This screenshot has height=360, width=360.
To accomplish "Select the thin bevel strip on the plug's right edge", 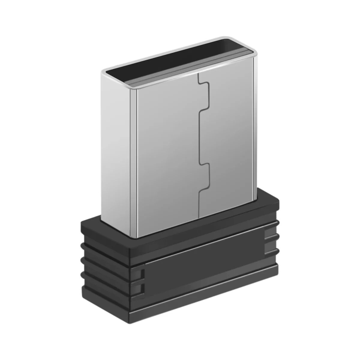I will [x=255, y=126].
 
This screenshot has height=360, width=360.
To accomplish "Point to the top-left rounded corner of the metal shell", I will [x=103, y=72].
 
